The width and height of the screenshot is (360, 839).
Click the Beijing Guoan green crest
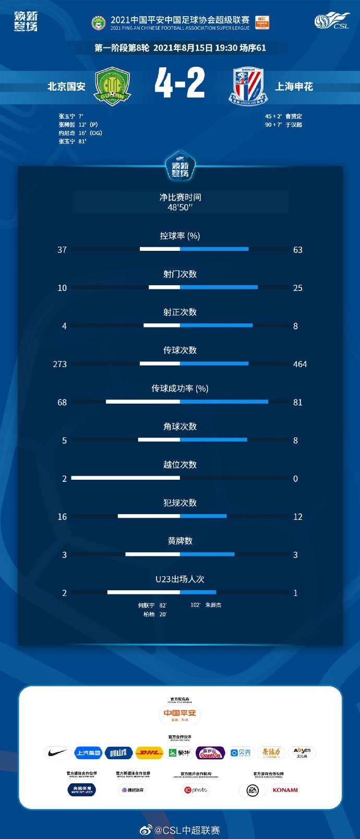pyautogui.click(x=112, y=86)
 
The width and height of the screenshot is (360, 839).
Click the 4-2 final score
pyautogui.click(x=180, y=83)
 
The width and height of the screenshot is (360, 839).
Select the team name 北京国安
pyautogui.click(x=66, y=87)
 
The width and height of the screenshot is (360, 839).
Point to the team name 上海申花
pyautogui.click(x=294, y=87)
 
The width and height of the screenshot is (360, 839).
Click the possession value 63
pyautogui.click(x=297, y=250)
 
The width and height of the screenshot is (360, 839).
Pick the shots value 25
pyautogui.click(x=297, y=288)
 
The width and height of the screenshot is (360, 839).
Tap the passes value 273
pyautogui.click(x=60, y=364)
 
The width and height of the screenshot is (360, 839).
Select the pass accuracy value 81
pyautogui.click(x=297, y=402)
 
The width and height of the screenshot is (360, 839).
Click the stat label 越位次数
pyautogui.click(x=180, y=465)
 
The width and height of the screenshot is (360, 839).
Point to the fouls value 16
pyautogui.click(x=62, y=517)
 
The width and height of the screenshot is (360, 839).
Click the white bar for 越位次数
pyautogui.click(x=125, y=478)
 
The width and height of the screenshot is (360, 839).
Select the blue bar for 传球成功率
pyautogui.click(x=224, y=402)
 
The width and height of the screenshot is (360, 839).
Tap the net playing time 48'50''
pyautogui.click(x=180, y=208)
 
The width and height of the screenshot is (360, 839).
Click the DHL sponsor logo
pyautogui.click(x=149, y=752)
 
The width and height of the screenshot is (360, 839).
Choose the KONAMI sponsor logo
pyautogui.click(x=285, y=790)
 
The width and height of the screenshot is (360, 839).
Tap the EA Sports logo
pyautogui.click(x=253, y=791)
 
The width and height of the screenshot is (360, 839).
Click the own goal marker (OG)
pyautogui.click(x=95, y=133)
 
